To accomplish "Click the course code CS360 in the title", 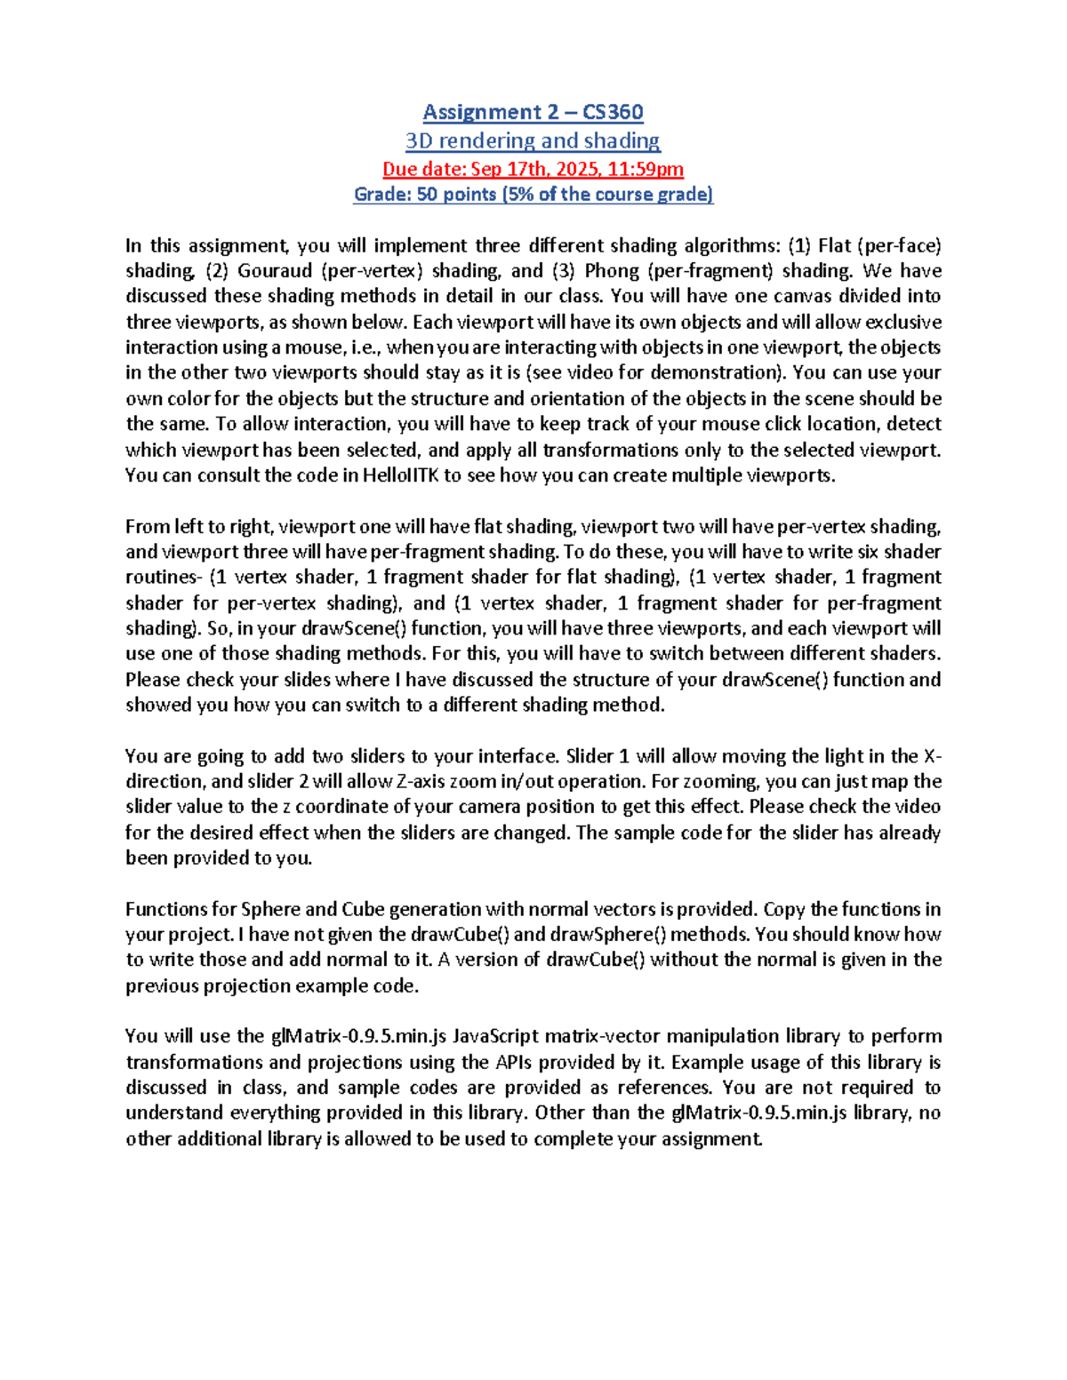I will [x=613, y=112].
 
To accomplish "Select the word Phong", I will [x=612, y=271].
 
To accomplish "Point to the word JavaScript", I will [x=495, y=1037].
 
